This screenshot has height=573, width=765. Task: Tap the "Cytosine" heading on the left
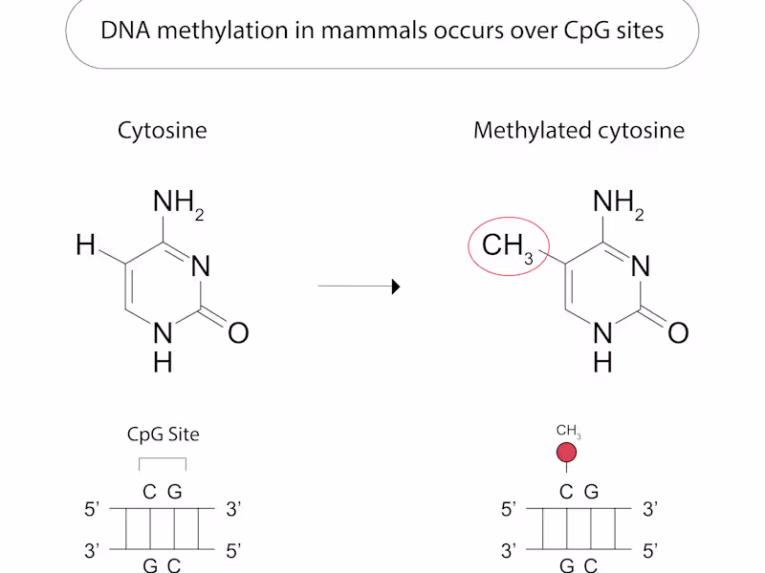point(162,131)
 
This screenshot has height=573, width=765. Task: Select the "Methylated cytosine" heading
point(579,131)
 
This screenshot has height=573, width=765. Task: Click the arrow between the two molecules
point(358,286)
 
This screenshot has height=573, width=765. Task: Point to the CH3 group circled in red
point(508,246)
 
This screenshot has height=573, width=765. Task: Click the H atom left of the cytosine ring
point(86,246)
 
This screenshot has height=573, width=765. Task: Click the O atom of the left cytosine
point(238,332)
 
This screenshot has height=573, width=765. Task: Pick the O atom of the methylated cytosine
point(678,332)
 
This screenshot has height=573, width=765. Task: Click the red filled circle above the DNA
point(567,453)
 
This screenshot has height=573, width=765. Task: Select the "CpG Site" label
point(163,435)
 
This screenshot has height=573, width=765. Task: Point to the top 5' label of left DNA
point(93,510)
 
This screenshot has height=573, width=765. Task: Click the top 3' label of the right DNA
point(650,510)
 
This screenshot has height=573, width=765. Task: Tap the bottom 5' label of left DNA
point(232,550)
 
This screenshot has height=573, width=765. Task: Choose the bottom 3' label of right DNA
point(509,550)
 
